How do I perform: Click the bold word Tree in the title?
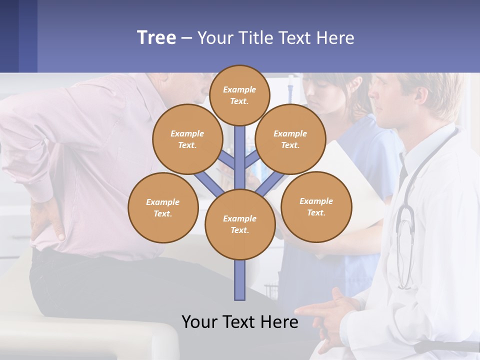[x=156, y=38]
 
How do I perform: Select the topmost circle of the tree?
[x=239, y=95]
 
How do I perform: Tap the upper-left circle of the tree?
[x=187, y=139]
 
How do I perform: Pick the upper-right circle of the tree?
[x=290, y=139]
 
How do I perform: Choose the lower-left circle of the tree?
[x=163, y=207]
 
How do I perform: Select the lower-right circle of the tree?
[x=316, y=206]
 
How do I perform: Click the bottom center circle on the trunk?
[x=240, y=224]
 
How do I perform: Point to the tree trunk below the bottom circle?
[x=240, y=280]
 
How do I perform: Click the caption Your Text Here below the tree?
[x=240, y=321]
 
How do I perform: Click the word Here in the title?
[x=335, y=38]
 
